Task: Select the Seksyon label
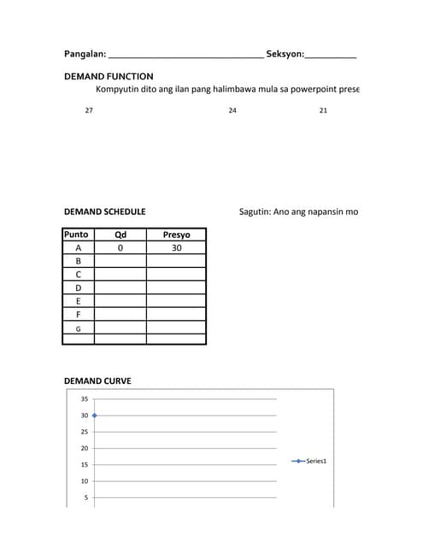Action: (285, 55)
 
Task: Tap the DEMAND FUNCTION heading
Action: (109, 76)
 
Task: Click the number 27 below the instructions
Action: (89, 110)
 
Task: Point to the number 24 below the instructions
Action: (232, 110)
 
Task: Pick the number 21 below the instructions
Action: (323, 110)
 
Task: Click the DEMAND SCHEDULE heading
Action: (104, 212)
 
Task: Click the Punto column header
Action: (77, 235)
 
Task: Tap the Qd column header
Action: (120, 235)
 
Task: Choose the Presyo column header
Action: (176, 235)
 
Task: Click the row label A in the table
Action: (78, 248)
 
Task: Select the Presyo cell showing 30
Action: (176, 248)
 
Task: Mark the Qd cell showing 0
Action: (120, 248)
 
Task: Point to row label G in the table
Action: (78, 328)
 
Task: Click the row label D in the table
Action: (78, 288)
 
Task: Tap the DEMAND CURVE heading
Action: (97, 381)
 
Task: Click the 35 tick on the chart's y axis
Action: (85, 399)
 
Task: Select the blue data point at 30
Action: (95, 415)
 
